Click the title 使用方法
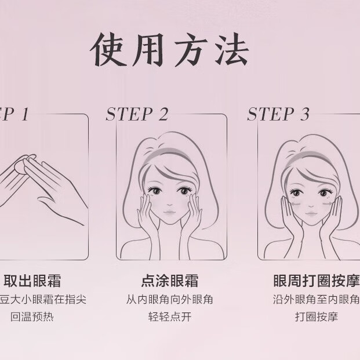tap(170, 51)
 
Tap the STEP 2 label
tap(137, 115)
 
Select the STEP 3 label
tap(278, 115)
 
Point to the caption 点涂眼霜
tap(169, 281)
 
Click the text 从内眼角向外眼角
tap(169, 300)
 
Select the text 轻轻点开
tap(169, 317)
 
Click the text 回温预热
tap(32, 317)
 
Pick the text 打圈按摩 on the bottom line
tap(316, 317)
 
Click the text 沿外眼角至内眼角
tap(316, 300)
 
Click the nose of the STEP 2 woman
tap(168, 203)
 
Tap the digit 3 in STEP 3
tap(304, 115)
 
